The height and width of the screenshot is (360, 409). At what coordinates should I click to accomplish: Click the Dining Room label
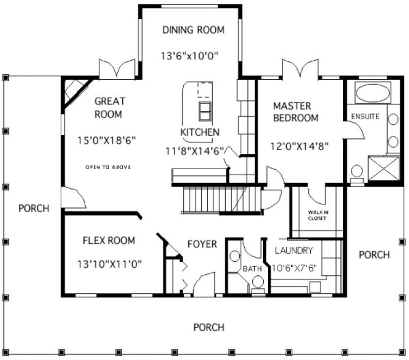pyautogui.click(x=193, y=30)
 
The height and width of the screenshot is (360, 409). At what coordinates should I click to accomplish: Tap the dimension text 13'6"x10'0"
pyautogui.click(x=193, y=55)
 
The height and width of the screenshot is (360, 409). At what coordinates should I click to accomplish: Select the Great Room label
pyautogui.click(x=110, y=107)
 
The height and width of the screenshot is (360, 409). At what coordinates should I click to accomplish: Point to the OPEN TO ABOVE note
pyautogui.click(x=108, y=166)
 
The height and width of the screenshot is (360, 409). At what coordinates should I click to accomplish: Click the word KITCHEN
pyautogui.click(x=200, y=132)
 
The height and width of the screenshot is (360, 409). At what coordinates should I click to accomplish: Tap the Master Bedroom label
pyautogui.click(x=296, y=111)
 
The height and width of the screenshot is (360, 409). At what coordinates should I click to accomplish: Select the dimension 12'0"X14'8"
pyautogui.click(x=299, y=145)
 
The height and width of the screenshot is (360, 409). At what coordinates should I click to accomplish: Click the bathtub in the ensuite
pyautogui.click(x=373, y=93)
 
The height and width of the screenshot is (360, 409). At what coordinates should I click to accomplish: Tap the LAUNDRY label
pyautogui.click(x=293, y=250)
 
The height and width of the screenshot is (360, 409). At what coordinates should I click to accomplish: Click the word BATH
pyautogui.click(x=252, y=268)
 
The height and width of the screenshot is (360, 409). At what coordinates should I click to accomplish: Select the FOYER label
pyautogui.click(x=202, y=245)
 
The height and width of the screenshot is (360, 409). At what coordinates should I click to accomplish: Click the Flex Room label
pyautogui.click(x=108, y=240)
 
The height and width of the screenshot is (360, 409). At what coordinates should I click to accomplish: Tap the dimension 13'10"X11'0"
pyautogui.click(x=110, y=265)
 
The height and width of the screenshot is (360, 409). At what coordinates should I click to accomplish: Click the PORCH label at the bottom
pyautogui.click(x=209, y=327)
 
